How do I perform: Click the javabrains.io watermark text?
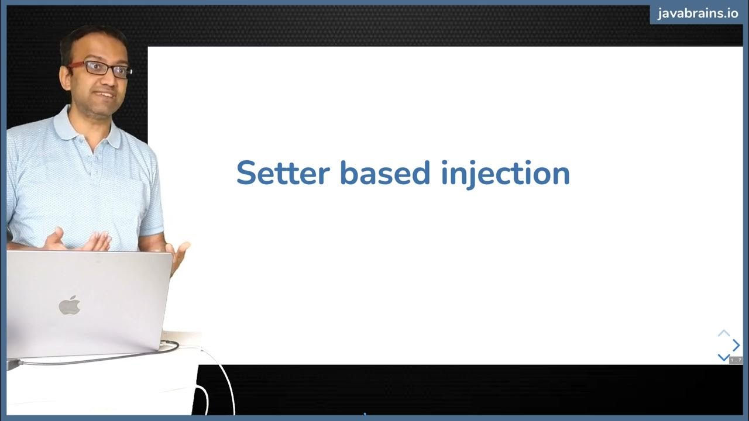(x=698, y=13)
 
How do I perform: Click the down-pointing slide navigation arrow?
(x=723, y=357)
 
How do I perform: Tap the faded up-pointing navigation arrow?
(x=724, y=333)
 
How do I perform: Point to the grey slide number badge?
(x=736, y=360)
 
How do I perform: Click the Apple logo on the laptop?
(x=70, y=305)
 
